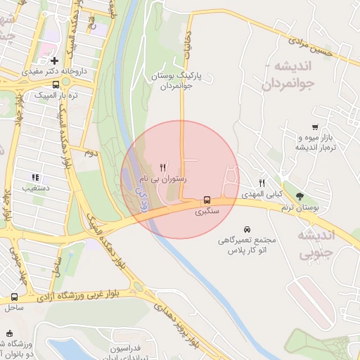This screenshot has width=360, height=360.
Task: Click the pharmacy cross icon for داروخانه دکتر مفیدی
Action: (55, 61)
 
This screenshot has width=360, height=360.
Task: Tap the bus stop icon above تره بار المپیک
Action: (56, 84)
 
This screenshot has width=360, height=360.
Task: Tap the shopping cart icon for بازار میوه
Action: (315, 127)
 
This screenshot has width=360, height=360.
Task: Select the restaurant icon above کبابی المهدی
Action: (262, 182)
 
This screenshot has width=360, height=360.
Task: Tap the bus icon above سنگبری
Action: (207, 199)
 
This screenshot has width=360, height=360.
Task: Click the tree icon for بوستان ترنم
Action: (300, 197)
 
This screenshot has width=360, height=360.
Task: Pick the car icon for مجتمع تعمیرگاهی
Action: (247, 229)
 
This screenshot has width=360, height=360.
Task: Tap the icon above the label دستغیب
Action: (34, 177)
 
